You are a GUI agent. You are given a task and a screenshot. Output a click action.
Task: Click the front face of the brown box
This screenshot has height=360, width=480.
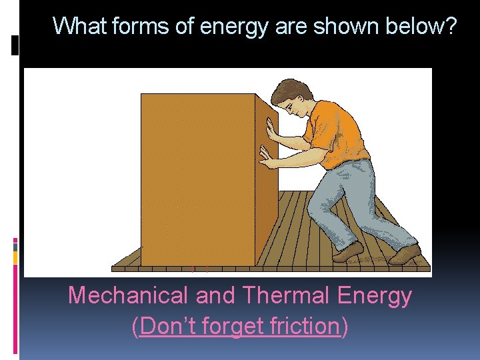coord(198,180)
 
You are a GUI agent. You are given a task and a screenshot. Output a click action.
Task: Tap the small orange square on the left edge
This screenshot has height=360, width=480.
coord(15,257)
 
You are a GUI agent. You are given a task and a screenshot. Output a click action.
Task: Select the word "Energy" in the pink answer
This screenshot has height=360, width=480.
coord(375,295)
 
